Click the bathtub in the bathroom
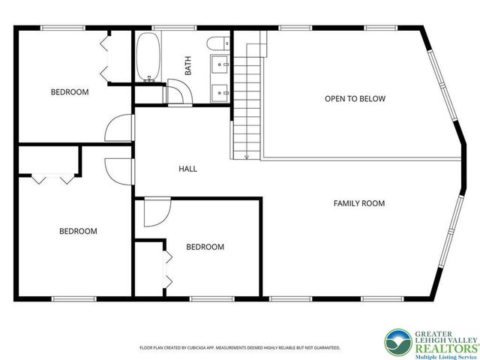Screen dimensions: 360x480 point(147,57)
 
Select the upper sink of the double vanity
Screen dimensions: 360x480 point(220,64)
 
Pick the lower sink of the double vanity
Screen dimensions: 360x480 point(220,92)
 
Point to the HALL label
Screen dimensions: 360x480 point(187,169)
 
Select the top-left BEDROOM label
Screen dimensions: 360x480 point(70,92)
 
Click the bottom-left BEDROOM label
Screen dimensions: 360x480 point(78,231)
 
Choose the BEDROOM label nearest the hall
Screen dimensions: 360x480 point(205,247)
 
